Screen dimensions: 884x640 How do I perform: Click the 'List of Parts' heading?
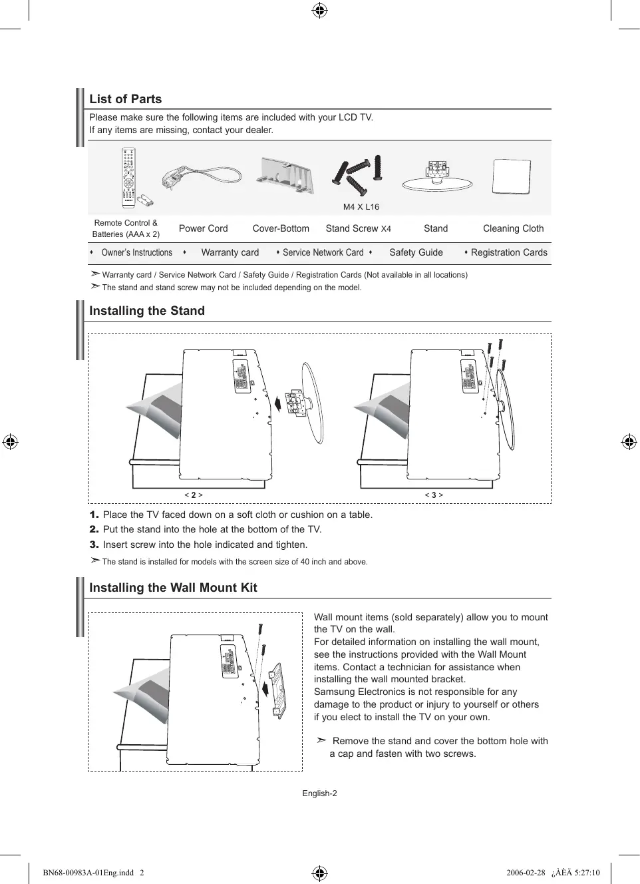point(126,99)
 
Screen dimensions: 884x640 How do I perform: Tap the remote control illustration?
point(128,178)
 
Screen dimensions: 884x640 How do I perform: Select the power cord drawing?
point(202,177)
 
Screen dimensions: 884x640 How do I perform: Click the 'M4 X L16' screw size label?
point(361,207)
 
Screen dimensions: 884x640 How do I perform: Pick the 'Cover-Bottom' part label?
point(281,228)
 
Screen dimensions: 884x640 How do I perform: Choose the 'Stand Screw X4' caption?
point(358,228)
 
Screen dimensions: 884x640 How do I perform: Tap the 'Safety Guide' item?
point(416,252)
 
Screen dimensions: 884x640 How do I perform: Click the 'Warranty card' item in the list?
point(230,252)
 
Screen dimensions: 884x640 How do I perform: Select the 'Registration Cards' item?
point(509,252)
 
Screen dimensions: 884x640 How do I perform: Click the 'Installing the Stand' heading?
point(147,311)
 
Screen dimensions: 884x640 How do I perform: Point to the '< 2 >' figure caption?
point(194,495)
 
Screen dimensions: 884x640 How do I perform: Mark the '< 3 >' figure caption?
point(434,495)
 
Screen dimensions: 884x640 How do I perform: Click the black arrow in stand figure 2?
point(277,402)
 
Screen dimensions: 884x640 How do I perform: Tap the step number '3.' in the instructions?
point(94,545)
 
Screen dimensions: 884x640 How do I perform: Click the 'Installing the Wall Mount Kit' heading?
point(173,588)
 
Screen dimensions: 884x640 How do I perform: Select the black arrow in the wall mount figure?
point(266,686)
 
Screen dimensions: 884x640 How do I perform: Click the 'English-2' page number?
point(319,793)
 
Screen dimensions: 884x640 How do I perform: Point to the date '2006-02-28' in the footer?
point(526,873)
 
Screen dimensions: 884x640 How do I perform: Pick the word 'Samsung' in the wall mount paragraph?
point(333,692)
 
